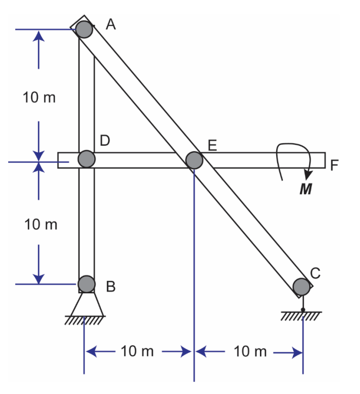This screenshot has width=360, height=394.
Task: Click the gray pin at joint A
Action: (84, 29)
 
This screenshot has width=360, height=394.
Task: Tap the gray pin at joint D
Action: (87, 159)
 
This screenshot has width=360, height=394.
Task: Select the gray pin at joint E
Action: (194, 160)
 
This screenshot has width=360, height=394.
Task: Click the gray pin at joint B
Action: (87, 284)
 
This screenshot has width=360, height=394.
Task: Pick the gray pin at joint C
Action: (301, 287)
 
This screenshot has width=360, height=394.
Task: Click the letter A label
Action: (111, 24)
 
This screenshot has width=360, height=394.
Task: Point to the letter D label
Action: (105, 140)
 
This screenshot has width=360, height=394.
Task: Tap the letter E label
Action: (213, 145)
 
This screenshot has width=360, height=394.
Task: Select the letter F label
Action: (335, 165)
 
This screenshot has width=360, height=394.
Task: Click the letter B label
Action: (111, 287)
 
